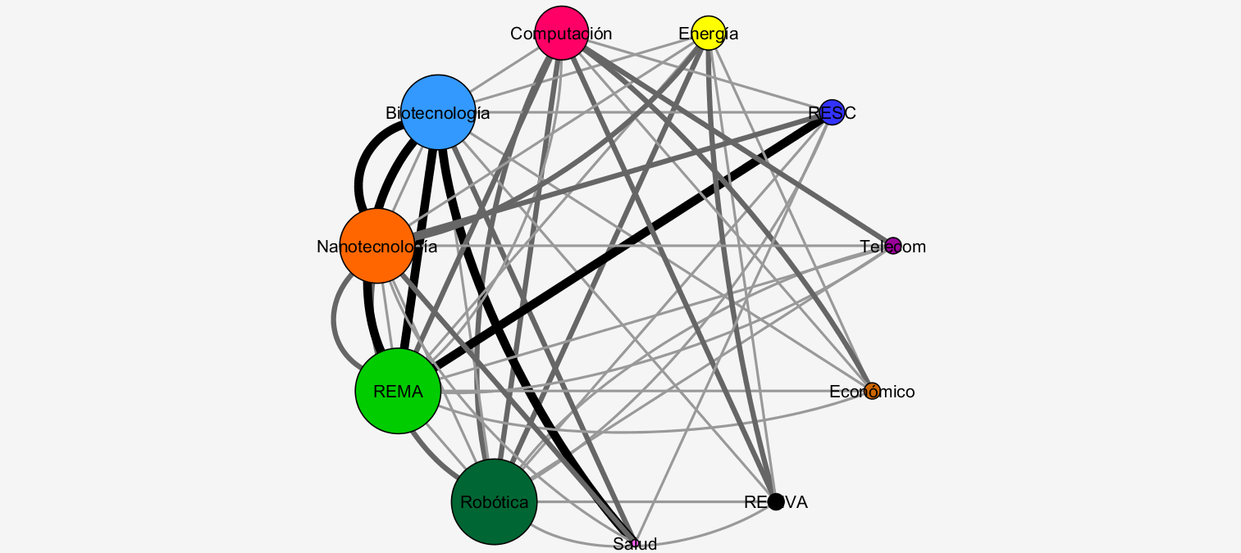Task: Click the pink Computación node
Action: (562, 33)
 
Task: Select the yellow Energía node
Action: (708, 33)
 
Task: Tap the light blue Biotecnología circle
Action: (438, 112)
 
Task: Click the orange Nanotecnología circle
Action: (376, 246)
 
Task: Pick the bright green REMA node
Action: (398, 392)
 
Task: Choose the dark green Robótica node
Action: (494, 502)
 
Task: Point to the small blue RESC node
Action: (832, 112)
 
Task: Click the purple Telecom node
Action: (893, 246)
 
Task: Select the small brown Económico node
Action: (872, 392)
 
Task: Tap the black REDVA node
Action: (775, 501)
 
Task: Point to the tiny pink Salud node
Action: (635, 543)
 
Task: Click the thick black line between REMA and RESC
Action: (632, 243)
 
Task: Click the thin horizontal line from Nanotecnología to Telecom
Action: (656, 246)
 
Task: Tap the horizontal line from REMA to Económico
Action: (656, 392)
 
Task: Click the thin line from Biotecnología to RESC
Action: (656, 112)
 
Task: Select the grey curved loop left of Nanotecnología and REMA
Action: (334, 315)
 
